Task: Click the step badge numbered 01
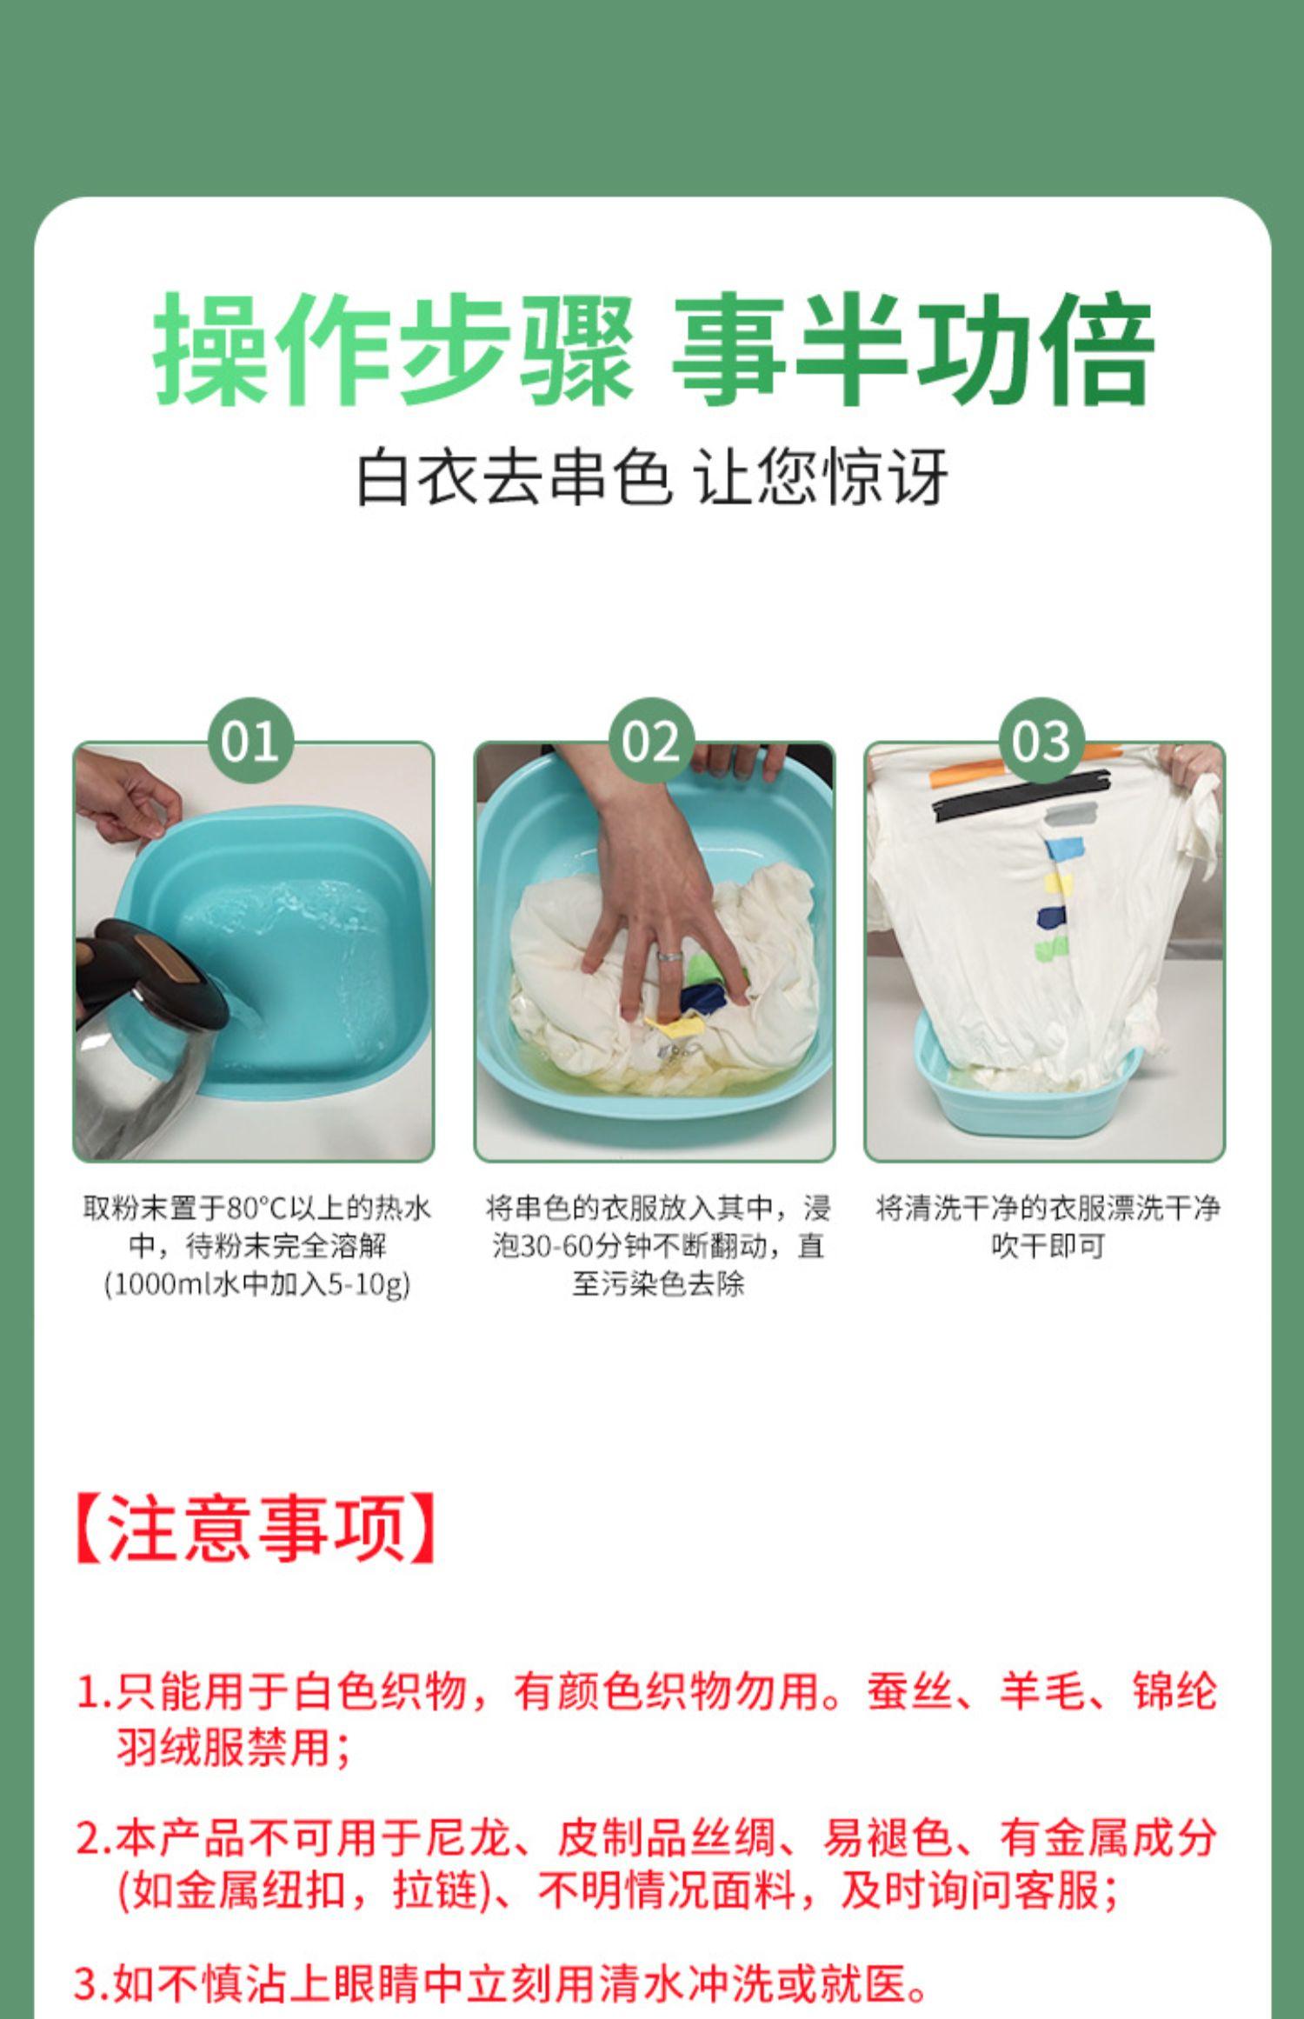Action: [250, 742]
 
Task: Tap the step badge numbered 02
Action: [651, 742]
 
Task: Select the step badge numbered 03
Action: [1041, 742]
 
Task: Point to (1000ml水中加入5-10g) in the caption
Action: [256, 1285]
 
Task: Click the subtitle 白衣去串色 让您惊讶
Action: [652, 476]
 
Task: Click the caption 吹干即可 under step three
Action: [1048, 1247]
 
